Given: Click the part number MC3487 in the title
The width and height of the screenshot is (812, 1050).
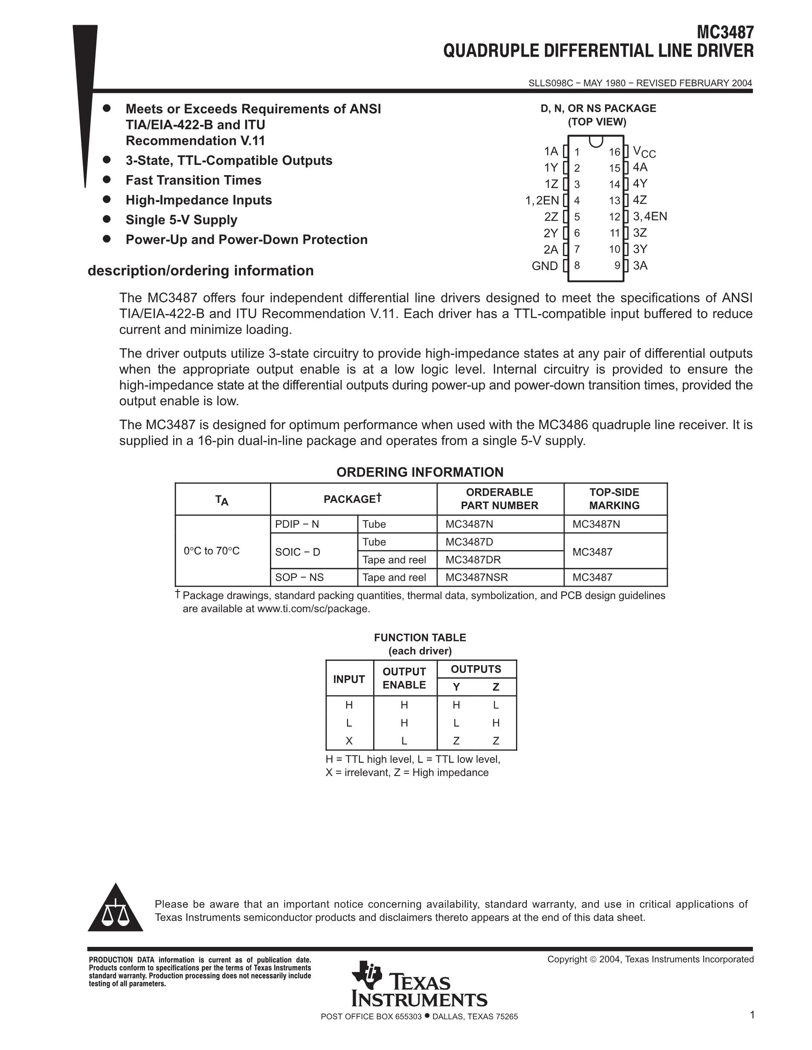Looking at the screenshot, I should click(x=725, y=33).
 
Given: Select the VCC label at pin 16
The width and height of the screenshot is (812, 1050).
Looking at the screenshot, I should click(x=644, y=152).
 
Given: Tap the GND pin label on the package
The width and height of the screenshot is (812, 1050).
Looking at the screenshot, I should click(x=545, y=266).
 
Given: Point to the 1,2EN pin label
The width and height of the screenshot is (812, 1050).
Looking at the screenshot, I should click(x=542, y=200).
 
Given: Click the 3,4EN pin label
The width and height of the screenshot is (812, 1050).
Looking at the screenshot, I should click(x=650, y=216).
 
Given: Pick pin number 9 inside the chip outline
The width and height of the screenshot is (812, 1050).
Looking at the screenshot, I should click(x=617, y=265).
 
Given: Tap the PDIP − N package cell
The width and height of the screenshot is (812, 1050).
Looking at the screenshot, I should click(x=297, y=524).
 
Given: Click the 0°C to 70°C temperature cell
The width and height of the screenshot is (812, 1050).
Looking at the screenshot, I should click(x=212, y=551).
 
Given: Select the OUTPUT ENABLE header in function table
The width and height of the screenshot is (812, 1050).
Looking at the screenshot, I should click(x=404, y=678).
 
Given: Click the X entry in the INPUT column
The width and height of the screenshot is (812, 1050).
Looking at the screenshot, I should click(x=349, y=741).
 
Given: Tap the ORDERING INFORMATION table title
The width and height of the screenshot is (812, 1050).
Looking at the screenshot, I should click(x=420, y=472).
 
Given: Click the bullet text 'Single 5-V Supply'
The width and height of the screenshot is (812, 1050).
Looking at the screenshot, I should click(x=181, y=220).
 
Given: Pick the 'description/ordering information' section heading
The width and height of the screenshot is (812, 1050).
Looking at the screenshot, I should click(x=200, y=271).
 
